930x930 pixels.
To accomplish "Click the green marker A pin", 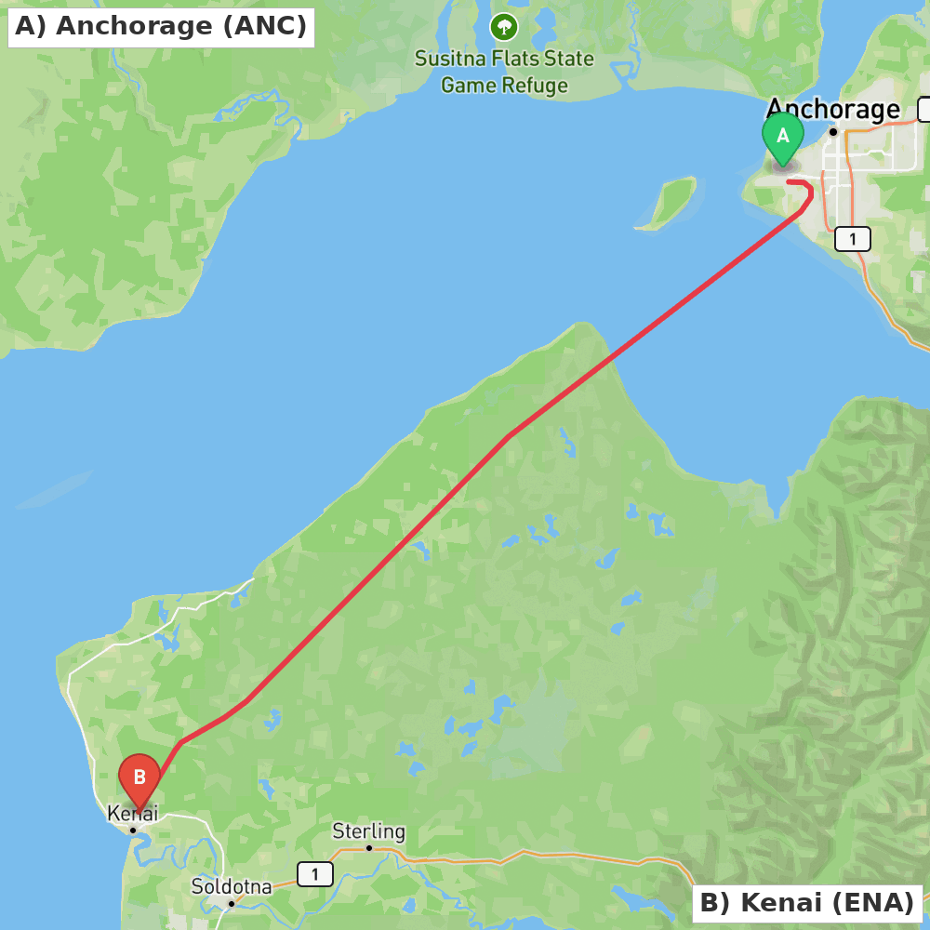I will pos(783,137).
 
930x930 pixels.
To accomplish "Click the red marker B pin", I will pos(139,778).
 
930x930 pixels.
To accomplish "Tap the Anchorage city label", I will pos(832,110).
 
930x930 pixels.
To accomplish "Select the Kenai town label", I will pos(133,814).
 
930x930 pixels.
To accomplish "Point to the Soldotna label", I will pos(232,886).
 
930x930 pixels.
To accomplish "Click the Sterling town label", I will pos(369,830).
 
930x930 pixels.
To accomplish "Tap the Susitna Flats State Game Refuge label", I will pos(504,72).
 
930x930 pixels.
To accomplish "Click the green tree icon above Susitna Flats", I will pos(504,27).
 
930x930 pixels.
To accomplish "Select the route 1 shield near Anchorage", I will pos(852,239).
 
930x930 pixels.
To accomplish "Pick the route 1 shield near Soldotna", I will pos(315,874).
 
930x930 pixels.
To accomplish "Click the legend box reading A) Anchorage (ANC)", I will pos(161,26).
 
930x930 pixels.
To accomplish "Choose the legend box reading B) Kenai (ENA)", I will pos(806,902).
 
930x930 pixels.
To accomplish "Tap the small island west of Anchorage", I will pos(667,204).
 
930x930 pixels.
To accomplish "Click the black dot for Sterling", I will pos(369,847).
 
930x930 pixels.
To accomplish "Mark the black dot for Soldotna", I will pos(232,903).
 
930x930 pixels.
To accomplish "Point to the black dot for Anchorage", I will pos(833,132).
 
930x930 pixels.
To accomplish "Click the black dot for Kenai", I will pos(133,830).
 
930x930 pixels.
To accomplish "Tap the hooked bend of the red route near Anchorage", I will pos(809,192).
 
